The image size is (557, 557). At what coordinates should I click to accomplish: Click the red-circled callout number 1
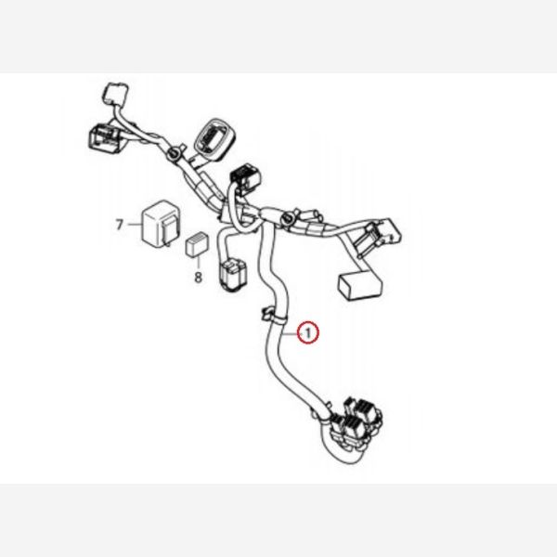pos(308,331)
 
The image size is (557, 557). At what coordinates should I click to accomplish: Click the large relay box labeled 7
pos(153,226)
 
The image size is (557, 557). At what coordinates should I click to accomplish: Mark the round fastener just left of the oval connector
pos(175,152)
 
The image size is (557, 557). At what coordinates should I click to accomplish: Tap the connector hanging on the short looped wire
pos(231,273)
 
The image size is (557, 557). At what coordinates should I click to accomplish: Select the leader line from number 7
pos(133,225)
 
